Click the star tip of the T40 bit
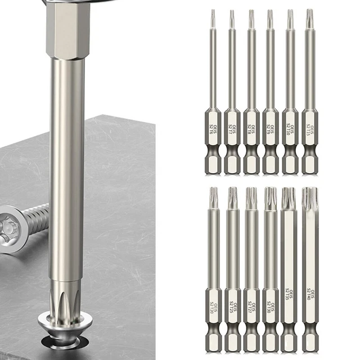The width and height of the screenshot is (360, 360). tap(309, 196)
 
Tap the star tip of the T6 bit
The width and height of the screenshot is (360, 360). tap(213, 13)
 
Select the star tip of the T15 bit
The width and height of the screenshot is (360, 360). tap(309, 15)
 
